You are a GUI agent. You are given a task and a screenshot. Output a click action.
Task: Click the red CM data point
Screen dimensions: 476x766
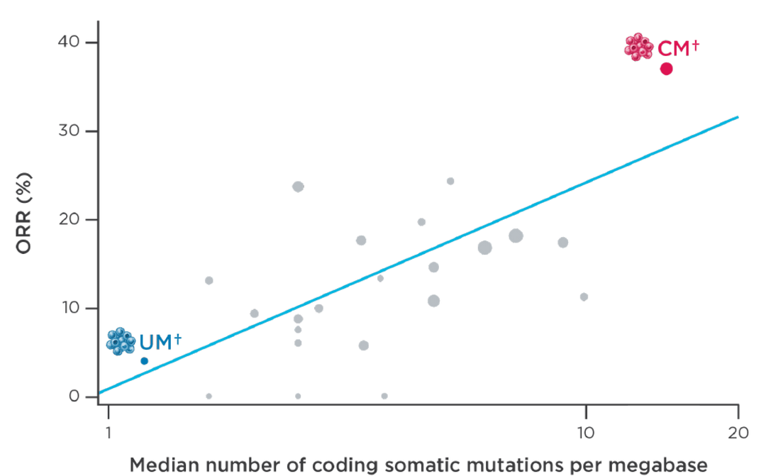666,69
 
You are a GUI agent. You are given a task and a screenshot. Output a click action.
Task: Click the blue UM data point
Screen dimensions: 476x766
144,361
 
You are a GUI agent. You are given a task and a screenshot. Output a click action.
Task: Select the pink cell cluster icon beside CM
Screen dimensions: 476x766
638,47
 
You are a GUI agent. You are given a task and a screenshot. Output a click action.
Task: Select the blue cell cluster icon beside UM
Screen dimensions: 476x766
121,341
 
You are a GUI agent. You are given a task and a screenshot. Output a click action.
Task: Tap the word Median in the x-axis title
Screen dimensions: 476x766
165,465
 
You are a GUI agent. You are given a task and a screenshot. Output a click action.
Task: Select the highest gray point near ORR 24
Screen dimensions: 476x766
450,181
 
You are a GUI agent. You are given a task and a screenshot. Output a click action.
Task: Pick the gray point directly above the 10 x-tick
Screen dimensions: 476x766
584,297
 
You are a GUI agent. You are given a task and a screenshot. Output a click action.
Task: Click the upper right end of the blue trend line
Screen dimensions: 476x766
738,116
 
